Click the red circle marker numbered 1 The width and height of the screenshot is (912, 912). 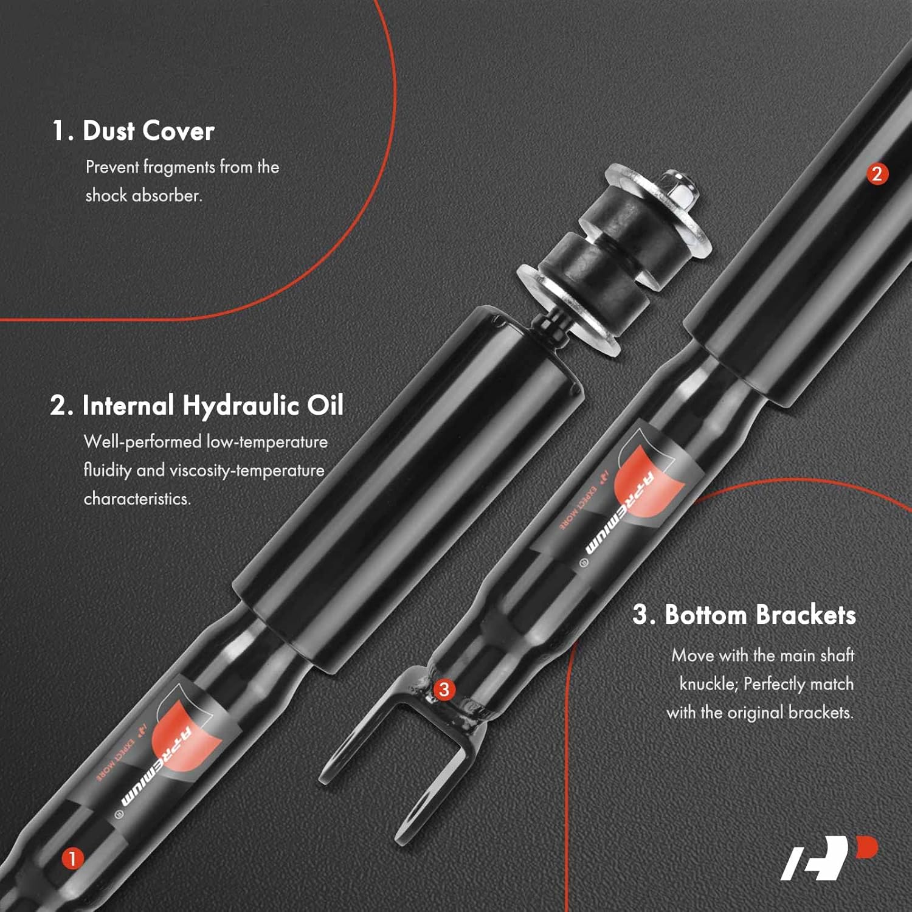coord(72,858)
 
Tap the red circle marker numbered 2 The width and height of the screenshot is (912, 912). coord(877,174)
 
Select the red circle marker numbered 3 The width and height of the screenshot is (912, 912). coord(444,689)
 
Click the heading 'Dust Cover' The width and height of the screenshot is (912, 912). coord(148,131)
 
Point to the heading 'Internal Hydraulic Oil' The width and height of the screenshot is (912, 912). coord(213,406)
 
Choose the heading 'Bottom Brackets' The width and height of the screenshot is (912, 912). coord(760,615)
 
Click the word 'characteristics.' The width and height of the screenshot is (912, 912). coord(137,499)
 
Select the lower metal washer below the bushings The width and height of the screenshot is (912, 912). coord(568,310)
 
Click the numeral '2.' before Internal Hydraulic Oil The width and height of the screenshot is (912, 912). coord(62,406)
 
